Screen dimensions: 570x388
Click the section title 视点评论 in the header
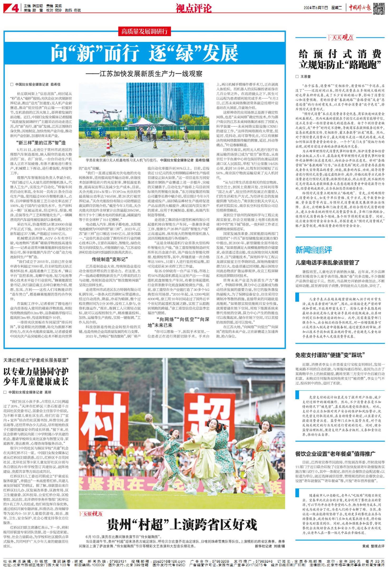point(193,8)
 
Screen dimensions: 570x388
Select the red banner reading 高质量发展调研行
point(144,32)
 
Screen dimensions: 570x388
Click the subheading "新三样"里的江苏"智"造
point(41,143)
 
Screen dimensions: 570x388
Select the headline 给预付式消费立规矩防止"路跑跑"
point(340,59)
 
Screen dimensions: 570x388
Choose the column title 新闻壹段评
point(313,250)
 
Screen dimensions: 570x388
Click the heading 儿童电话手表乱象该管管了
point(327,262)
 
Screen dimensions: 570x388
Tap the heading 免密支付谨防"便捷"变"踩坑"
point(330,355)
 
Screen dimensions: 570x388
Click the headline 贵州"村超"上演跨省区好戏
point(182,524)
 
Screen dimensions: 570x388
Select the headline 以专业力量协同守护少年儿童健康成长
point(36,377)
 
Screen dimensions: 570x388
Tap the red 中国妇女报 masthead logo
point(360,8)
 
